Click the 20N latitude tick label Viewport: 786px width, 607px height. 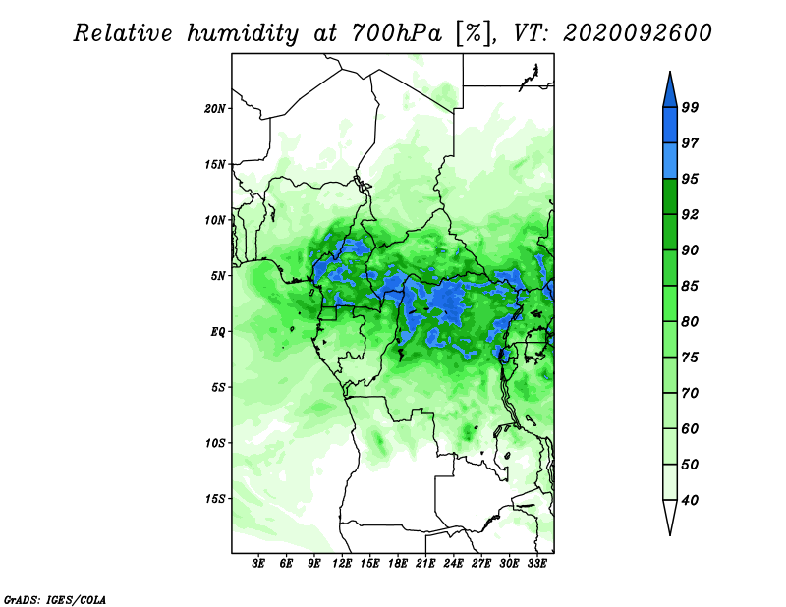pyautogui.click(x=215, y=109)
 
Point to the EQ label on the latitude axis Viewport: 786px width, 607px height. pyautogui.click(x=218, y=332)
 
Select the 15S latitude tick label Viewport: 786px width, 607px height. pyautogui.click(x=215, y=499)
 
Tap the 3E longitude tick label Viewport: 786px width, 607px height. pyautogui.click(x=258, y=563)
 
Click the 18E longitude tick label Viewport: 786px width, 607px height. pyautogui.click(x=398, y=563)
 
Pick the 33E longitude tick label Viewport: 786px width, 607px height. pyautogui.click(x=536, y=563)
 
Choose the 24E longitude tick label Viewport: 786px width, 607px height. pyautogui.click(x=453, y=563)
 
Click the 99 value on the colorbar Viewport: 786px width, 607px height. pyautogui.click(x=690, y=107)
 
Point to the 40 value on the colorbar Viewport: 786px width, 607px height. pyautogui.click(x=690, y=500)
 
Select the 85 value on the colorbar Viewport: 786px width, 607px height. pyautogui.click(x=690, y=286)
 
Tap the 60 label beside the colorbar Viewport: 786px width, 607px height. pyautogui.click(x=690, y=428)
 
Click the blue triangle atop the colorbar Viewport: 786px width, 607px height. pyautogui.click(x=670, y=92)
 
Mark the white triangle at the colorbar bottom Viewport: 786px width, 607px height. pyautogui.click(x=670, y=515)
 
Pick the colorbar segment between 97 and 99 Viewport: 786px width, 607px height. pyautogui.click(x=670, y=126)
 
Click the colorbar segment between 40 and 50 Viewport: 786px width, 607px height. pyautogui.click(x=670, y=482)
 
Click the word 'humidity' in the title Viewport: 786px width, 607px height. pyautogui.click(x=243, y=33)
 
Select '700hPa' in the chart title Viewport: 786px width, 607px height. pyautogui.click(x=397, y=33)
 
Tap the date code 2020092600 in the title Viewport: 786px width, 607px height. pyautogui.click(x=637, y=33)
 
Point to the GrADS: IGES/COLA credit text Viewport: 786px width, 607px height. pyautogui.click(x=55, y=599)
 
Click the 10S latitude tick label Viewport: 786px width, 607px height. pyautogui.click(x=215, y=443)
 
